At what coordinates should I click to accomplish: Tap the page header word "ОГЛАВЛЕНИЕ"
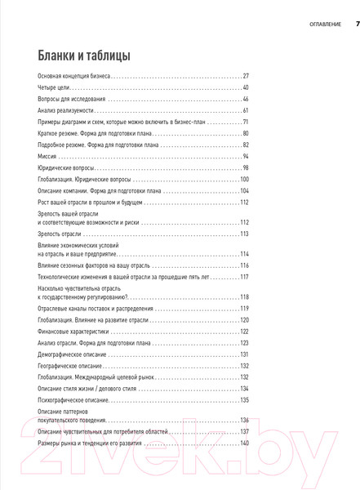pos(319,24)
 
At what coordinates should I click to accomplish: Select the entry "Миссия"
pos(48,155)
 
